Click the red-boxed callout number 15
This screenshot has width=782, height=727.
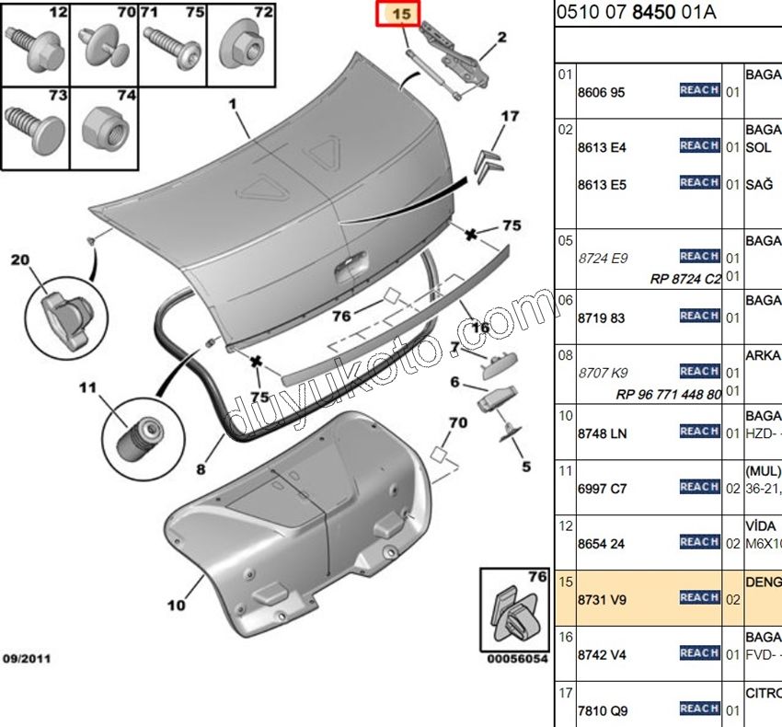pos(402,15)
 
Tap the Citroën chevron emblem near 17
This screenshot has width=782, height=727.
pos(488,163)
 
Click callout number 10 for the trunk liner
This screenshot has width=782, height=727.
pos(176,605)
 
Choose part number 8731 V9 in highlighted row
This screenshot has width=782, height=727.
pos(602,599)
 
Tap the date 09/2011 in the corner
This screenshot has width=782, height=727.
pos(27,659)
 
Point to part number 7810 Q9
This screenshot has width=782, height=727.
pos(602,710)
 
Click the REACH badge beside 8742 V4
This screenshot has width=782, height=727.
pos(699,652)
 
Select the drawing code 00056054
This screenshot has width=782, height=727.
pos(517,660)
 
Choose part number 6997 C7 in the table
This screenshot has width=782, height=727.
pos(602,489)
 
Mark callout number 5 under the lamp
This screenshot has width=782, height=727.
pos(526,467)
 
